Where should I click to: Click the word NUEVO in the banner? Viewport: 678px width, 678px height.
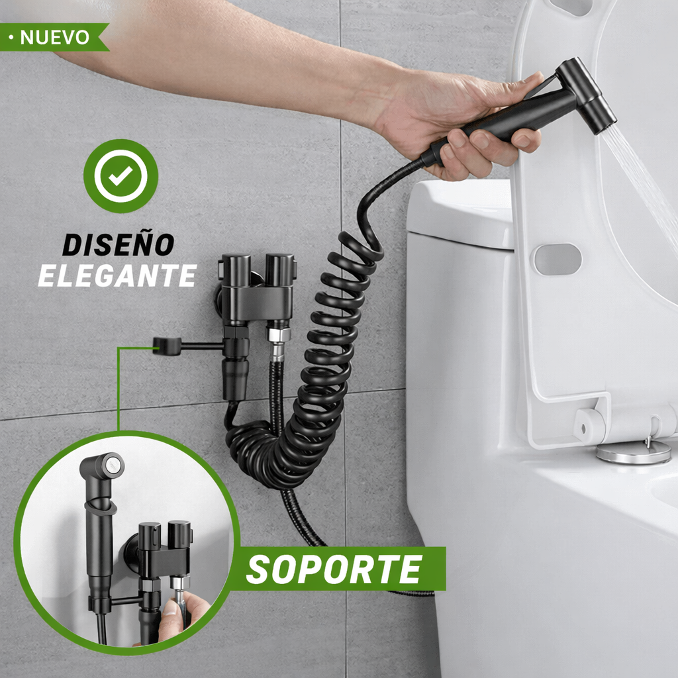coord(54,38)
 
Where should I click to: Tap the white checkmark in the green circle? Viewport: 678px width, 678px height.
coord(121,175)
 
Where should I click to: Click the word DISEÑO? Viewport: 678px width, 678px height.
coord(118,244)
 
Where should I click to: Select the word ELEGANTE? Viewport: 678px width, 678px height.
coord(117,274)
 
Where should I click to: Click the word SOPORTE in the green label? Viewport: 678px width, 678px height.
coord(334,569)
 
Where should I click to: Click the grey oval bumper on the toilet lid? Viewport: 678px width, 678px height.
coord(557,259)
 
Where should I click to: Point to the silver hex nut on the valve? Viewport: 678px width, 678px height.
coord(279,334)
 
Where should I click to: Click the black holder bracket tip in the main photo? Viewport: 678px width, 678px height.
coord(166,346)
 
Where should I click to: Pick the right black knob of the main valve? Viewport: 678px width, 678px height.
coord(279,269)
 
